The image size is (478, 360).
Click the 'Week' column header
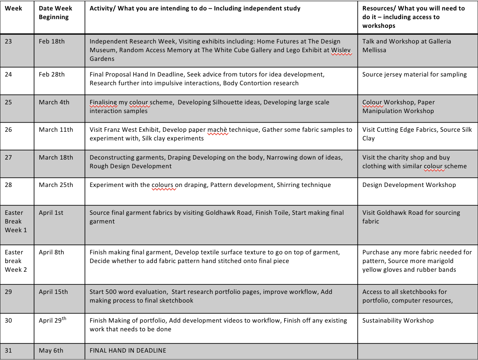13,8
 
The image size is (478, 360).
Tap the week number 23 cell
9,41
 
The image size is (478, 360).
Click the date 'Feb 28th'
52,74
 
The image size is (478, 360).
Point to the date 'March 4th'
54,102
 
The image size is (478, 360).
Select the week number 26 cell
9,130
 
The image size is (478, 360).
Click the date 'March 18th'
56,157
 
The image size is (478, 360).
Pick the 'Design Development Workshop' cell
409,185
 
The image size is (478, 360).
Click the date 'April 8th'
51,252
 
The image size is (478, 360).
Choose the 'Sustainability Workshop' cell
398,320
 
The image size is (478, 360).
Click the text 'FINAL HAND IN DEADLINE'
128,350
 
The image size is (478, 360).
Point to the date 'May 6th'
51,350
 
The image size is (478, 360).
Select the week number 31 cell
9,350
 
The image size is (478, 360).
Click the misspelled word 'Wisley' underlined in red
341,50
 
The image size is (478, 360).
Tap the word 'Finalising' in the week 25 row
103,102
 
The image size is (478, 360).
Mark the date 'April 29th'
53,320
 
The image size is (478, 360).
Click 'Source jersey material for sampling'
414,74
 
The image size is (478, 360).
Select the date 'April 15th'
53,292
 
